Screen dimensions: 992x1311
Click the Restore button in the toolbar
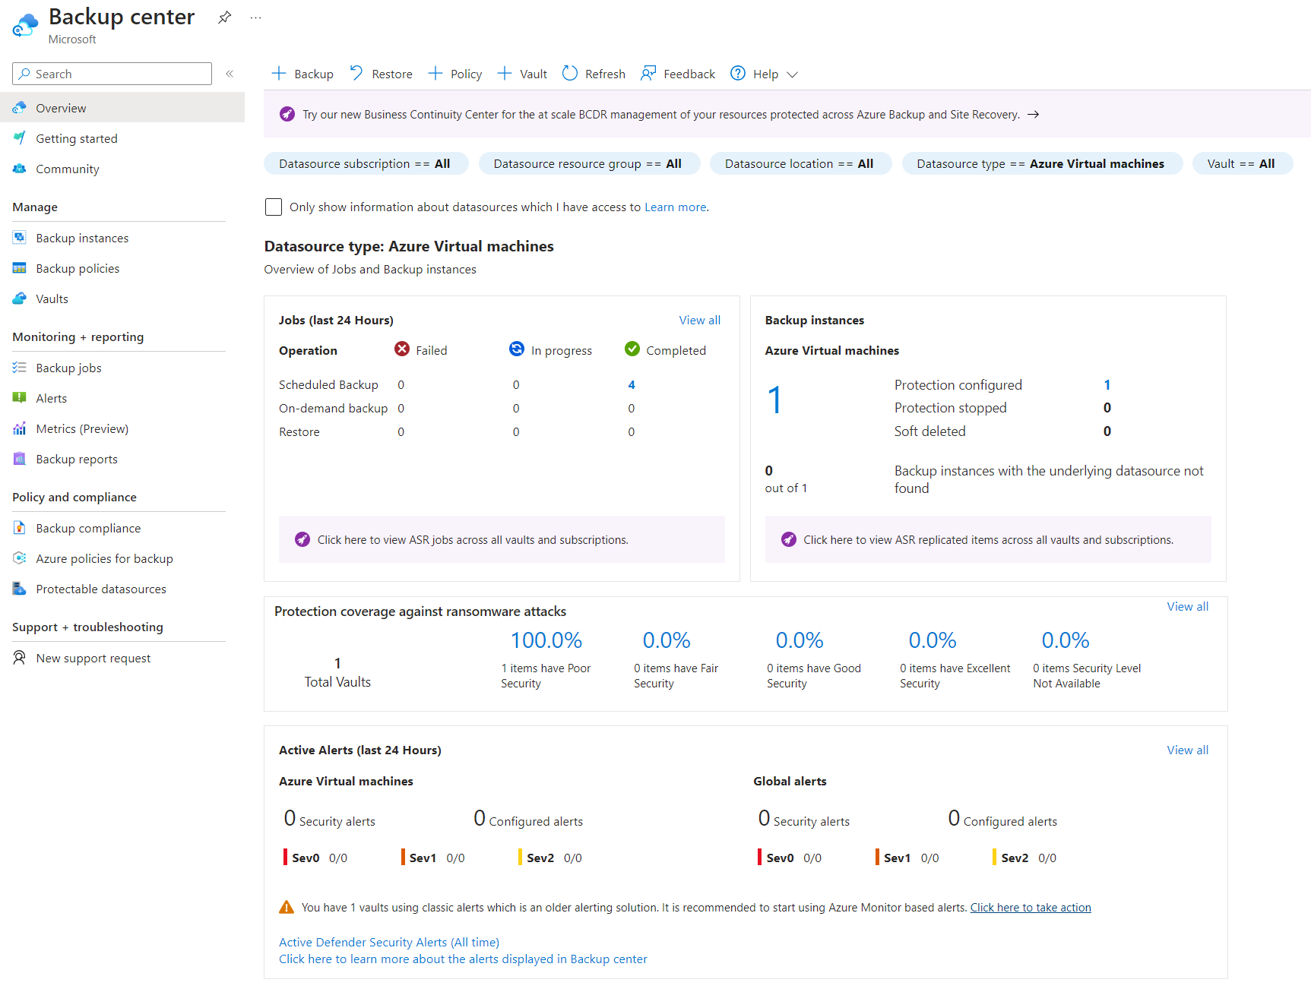click(382, 74)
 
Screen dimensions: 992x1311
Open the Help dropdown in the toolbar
click(765, 74)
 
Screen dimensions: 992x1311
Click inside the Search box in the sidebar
click(114, 74)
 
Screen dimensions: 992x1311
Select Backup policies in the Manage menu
click(78, 268)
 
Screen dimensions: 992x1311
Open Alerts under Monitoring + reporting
click(51, 398)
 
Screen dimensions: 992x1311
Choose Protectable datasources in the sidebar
click(100, 589)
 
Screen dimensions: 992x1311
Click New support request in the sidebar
click(93, 658)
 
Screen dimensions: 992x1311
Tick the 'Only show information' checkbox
click(274, 207)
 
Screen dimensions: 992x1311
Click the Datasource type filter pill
click(1041, 163)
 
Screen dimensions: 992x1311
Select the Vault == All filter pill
click(1241, 163)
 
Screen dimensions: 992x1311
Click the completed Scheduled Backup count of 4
click(631, 384)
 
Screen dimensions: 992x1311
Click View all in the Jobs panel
click(699, 320)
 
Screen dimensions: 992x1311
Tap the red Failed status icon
click(402, 349)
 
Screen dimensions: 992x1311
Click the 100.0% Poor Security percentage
click(546, 640)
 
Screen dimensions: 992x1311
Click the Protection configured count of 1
click(1107, 384)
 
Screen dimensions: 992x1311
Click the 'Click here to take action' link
click(1030, 907)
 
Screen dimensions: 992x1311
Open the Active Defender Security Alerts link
click(388, 942)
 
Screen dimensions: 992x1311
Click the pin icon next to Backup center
click(224, 17)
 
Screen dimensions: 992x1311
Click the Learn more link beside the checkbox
click(676, 207)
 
